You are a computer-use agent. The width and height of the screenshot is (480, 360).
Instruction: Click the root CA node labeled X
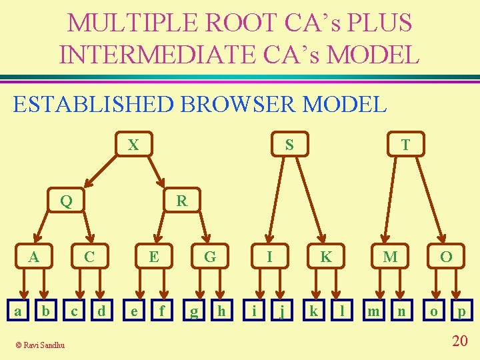[x=133, y=144]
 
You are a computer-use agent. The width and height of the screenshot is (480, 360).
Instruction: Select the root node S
[x=289, y=144]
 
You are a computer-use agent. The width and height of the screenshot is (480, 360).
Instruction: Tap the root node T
[x=405, y=144]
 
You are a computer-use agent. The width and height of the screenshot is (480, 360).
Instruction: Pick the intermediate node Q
[x=66, y=199]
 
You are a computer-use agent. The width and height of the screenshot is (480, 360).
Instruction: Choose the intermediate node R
[x=181, y=199]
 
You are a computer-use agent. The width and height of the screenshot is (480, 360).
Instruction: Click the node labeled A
[x=31, y=256]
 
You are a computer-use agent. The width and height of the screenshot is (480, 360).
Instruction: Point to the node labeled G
[x=210, y=256]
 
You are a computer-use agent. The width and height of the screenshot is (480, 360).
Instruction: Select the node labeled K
[x=326, y=256]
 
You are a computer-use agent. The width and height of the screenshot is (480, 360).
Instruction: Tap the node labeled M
[x=390, y=256]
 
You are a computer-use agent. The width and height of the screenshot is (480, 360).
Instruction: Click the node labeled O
[x=446, y=256]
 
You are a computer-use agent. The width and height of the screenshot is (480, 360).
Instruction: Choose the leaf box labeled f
[x=161, y=311]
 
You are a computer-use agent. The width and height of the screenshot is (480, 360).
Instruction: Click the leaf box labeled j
[x=283, y=311]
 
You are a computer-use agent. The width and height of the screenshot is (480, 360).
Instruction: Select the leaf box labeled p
[x=461, y=311]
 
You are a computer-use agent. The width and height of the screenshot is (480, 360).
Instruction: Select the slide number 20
[x=459, y=341]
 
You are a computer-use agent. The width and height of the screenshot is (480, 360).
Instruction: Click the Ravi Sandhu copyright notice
[x=41, y=345]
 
